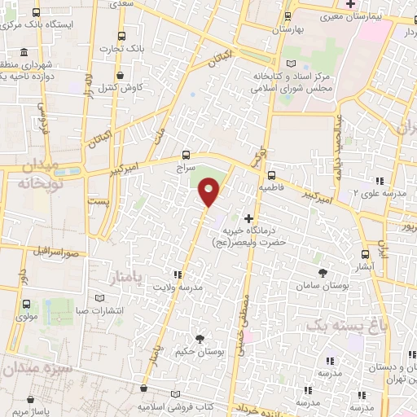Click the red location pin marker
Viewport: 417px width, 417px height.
(209, 192)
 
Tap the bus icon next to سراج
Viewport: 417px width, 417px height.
(187, 154)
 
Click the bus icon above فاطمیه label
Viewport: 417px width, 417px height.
(271, 174)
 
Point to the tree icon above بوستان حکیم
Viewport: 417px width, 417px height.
(200, 338)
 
